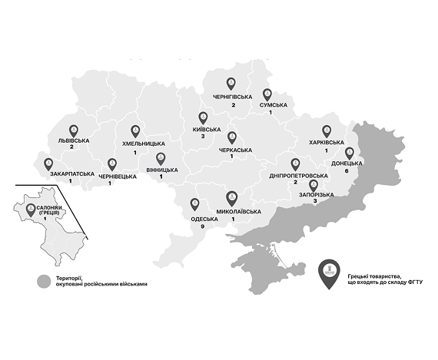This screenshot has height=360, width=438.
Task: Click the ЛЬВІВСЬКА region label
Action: (x=74, y=141)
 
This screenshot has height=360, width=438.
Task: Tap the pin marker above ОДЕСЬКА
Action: (x=194, y=204)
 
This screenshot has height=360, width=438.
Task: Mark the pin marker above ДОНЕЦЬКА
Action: (x=349, y=153)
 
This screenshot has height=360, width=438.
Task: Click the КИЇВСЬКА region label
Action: (x=205, y=130)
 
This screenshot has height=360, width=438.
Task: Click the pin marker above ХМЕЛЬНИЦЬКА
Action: (x=136, y=131)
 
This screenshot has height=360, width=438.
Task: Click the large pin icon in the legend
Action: (x=330, y=273)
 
